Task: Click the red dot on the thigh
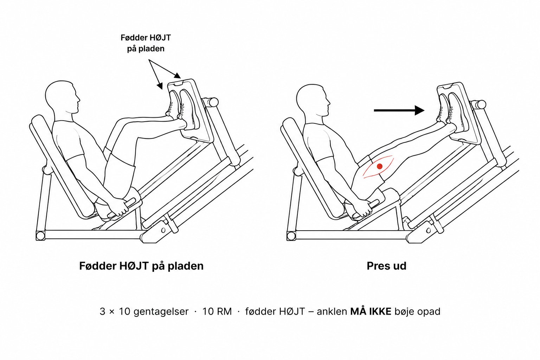point(379,166)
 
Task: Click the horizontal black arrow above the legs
point(399,110)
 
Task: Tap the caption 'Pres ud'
point(386,266)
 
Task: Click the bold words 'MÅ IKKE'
point(371,311)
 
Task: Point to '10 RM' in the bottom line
point(217,311)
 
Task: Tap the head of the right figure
point(313,101)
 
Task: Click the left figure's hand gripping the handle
point(119,207)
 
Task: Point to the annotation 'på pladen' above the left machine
point(146,49)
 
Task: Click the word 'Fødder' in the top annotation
point(134,38)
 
